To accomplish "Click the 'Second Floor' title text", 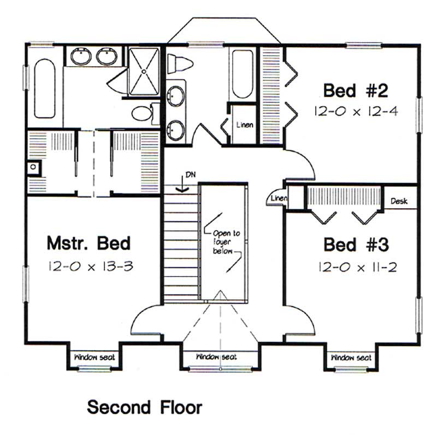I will tap(145, 407).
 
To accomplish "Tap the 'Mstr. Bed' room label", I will tap(88, 242).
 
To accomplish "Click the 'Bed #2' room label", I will tap(355, 89).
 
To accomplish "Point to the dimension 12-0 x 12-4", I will tap(355, 111).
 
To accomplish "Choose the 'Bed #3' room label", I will tap(356, 244).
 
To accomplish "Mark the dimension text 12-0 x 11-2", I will tap(356, 268).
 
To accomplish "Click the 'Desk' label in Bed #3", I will tap(399, 201).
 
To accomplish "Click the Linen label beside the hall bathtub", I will tap(245, 125).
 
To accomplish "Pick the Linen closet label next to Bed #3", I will tap(279, 198).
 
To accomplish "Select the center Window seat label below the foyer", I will tap(217, 357).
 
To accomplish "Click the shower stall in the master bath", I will tap(143, 71).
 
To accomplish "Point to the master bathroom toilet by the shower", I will tap(143, 114).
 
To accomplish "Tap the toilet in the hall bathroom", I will tap(180, 65).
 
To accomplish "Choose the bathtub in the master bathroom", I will tap(44, 88).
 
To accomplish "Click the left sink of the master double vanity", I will tap(81, 56).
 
